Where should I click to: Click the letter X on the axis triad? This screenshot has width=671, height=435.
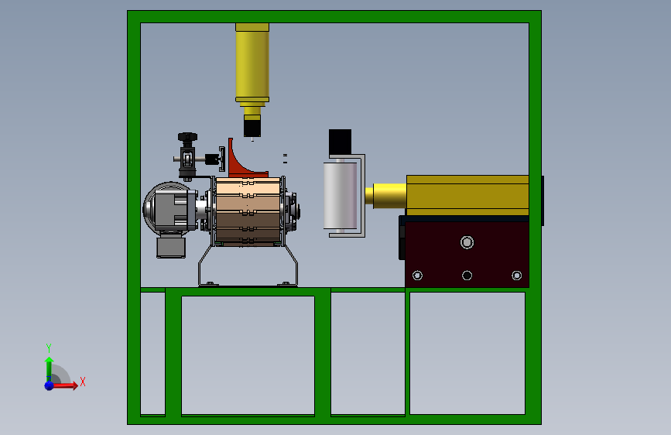(83, 382)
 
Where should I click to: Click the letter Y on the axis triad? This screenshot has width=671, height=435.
(49, 348)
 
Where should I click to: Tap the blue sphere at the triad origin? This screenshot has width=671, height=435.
(50, 385)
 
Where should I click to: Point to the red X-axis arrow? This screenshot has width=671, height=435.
(64, 385)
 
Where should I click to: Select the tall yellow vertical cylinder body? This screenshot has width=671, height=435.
(252, 64)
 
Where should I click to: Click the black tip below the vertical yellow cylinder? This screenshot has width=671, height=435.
(252, 128)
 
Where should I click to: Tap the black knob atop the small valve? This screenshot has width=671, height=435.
(187, 137)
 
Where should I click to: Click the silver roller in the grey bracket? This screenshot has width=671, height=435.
(341, 195)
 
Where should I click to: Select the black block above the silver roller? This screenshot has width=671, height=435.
(341, 143)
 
